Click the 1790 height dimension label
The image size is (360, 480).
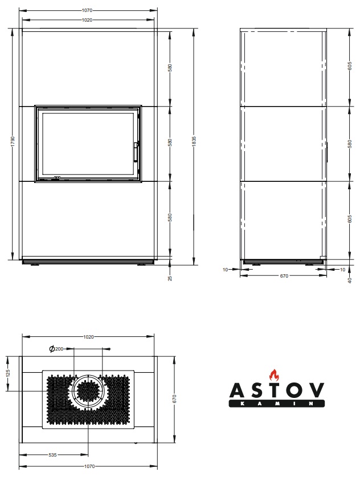(13, 141)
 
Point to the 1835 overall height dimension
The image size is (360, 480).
(194, 141)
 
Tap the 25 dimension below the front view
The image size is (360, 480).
(170, 278)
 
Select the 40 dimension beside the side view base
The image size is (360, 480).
(350, 280)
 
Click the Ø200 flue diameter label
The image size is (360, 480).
(56, 349)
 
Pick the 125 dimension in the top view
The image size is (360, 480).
(8, 373)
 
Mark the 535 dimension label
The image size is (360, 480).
(52, 455)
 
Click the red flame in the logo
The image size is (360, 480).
(274, 375)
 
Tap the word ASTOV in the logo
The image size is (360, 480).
(276, 390)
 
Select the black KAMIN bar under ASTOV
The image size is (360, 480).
(276, 404)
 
